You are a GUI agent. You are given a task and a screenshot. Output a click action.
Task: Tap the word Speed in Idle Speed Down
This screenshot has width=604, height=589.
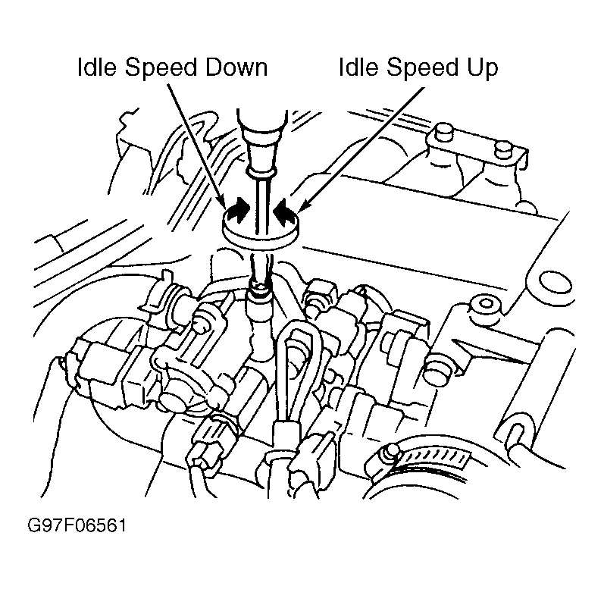coord(160,68)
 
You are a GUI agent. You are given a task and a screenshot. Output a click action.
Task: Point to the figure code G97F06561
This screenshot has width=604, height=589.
coord(77,525)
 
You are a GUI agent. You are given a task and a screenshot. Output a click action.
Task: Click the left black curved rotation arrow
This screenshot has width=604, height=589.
coord(239,210)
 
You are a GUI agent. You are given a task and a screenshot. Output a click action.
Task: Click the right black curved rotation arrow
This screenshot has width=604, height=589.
coord(284,209)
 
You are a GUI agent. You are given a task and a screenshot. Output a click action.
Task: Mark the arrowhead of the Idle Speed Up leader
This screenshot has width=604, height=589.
coord(303,206)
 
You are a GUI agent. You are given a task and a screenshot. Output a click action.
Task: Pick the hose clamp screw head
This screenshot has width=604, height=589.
coord(387,455)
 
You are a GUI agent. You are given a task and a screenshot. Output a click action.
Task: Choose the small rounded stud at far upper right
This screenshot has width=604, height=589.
coord(504,150)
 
